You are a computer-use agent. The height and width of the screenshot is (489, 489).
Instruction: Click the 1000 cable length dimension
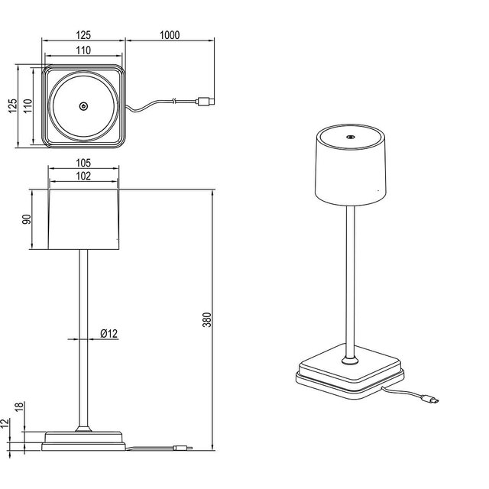pyautogui.click(x=170, y=35)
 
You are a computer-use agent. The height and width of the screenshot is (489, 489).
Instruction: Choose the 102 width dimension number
pyautogui.click(x=84, y=176)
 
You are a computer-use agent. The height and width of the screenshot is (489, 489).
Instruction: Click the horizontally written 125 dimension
pyautogui.click(x=84, y=35)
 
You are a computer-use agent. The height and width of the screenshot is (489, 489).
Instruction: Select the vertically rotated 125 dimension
pyautogui.click(x=11, y=105)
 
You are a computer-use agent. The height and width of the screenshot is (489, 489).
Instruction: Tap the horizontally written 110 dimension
pyautogui.click(x=84, y=50)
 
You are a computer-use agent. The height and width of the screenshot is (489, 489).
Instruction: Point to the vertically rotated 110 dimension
pyautogui.click(x=26, y=105)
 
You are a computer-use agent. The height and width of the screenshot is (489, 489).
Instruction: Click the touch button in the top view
pyautogui.click(x=84, y=107)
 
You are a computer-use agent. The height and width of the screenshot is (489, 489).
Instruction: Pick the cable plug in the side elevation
pyautogui.click(x=183, y=448)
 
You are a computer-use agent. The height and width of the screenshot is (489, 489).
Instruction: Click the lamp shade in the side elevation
pyautogui.click(x=84, y=219)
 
